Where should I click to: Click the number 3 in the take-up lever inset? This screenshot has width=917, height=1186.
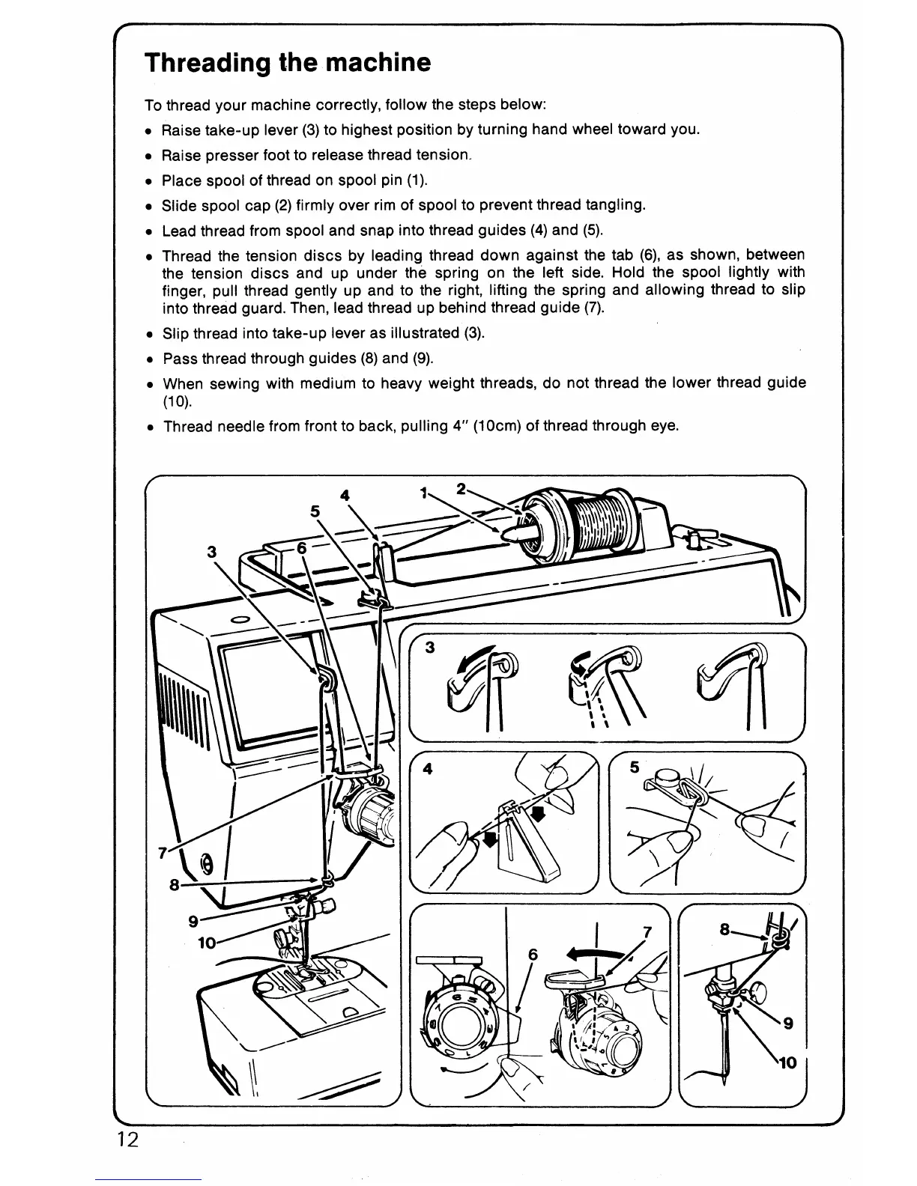430,648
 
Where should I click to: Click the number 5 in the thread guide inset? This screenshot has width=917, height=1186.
635,767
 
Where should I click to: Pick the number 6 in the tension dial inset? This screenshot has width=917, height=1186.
533,955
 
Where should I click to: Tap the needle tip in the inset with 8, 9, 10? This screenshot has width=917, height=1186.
725,1080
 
